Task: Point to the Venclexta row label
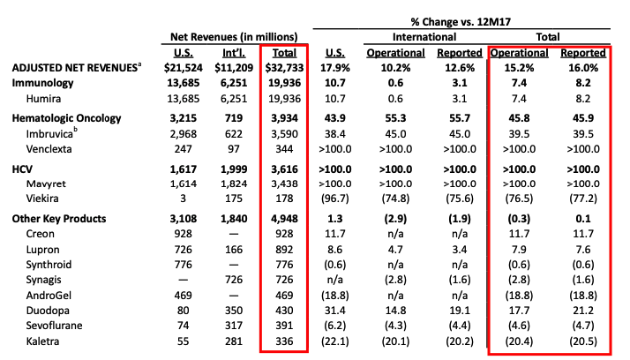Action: [51, 148]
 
